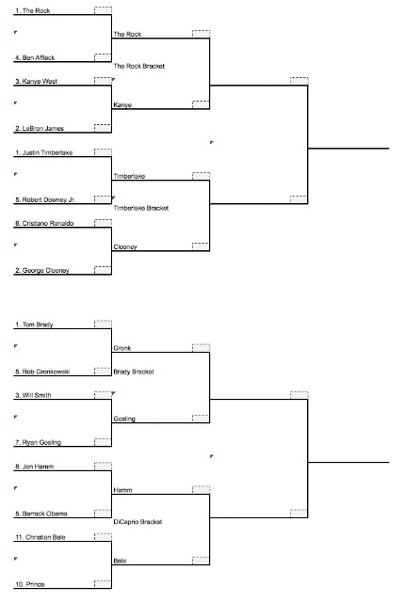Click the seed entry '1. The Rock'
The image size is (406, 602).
tap(33, 10)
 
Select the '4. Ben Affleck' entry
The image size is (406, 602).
tap(35, 57)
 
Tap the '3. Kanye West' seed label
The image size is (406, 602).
tap(36, 82)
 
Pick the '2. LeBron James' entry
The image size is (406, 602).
tap(40, 128)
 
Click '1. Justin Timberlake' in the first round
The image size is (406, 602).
tap(44, 152)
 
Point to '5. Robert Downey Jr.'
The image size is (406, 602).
tap(45, 199)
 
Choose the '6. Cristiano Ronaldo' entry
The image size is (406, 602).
tap(44, 224)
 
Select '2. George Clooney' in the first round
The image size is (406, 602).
tap(42, 270)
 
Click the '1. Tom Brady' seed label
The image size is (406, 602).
tap(34, 325)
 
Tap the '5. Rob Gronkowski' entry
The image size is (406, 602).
tap(42, 372)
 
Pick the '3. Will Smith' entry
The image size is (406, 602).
tap(33, 395)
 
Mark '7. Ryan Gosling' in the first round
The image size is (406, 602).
tap(38, 442)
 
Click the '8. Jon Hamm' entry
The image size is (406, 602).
tap(35, 467)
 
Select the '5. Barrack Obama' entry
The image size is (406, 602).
tap(41, 514)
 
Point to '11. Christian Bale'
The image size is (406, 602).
tap(41, 537)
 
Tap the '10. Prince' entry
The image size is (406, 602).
tap(30, 584)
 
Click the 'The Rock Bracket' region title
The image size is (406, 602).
tap(139, 66)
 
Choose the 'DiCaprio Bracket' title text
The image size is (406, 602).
tap(138, 522)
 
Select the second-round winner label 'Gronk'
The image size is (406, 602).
tap(122, 348)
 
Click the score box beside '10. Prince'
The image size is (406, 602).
tap(103, 583)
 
